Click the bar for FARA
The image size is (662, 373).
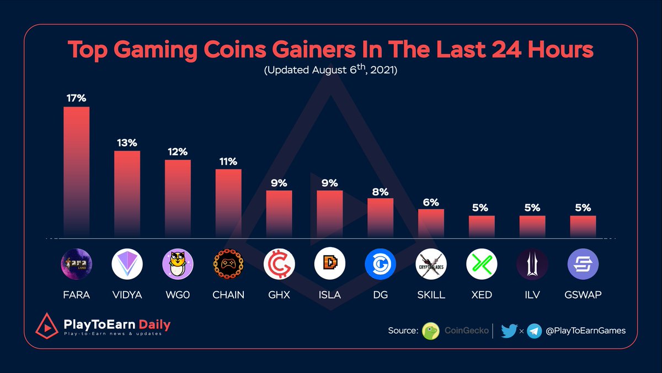[x=76, y=171]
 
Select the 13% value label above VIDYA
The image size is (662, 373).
[x=127, y=143]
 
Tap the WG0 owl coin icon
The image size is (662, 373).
[x=178, y=264]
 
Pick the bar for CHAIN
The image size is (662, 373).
[x=228, y=203]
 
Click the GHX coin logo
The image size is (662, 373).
[x=279, y=264]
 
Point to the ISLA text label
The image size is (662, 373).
[x=329, y=295]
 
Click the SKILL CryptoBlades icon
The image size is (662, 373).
[x=431, y=264]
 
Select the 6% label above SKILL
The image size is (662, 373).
[x=431, y=202]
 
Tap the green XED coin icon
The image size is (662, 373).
[x=482, y=264]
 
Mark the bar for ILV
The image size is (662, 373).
[x=532, y=227]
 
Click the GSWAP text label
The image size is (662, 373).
[x=583, y=295]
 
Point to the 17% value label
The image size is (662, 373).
[x=76, y=98]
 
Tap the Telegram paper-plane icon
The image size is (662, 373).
[x=534, y=331]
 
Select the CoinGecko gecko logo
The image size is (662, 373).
[x=430, y=331]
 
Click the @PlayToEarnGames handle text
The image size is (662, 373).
[x=586, y=331]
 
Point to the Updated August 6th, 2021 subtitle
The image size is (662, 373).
[x=330, y=71]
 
